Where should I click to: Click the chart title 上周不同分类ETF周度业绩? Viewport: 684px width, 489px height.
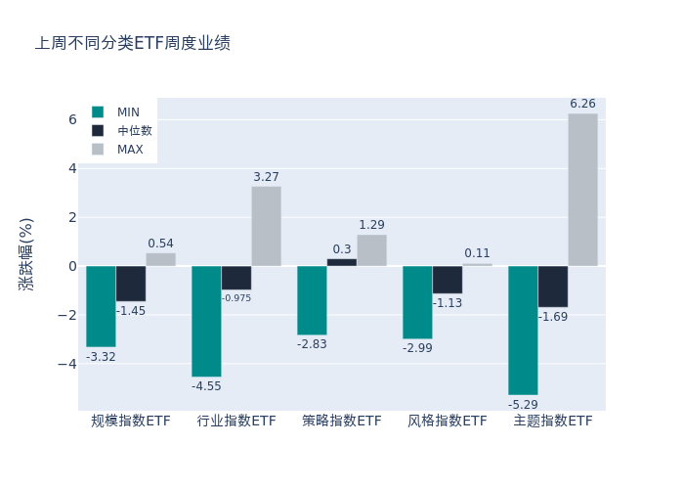tap(133, 44)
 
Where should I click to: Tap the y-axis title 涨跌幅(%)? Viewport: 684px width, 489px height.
tap(26, 254)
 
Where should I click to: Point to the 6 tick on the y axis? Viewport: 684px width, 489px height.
tap(71, 119)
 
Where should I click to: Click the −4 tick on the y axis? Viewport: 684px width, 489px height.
tap(66, 364)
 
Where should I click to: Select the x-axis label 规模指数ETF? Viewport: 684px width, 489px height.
tap(131, 422)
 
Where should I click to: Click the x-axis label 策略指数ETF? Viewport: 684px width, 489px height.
tap(342, 422)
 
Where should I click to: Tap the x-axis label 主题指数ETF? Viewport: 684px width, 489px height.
tap(553, 422)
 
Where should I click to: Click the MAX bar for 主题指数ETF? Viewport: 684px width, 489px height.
tap(582, 190)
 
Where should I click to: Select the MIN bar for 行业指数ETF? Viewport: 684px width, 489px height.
tap(206, 321)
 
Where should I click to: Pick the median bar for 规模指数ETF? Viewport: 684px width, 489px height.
tap(131, 284)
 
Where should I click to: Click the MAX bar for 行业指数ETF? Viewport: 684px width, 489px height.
tap(266, 226)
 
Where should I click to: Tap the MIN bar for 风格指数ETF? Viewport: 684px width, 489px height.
tap(417, 302)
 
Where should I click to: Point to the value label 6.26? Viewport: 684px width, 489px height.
tap(582, 104)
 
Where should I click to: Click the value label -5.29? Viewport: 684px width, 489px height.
tap(523, 404)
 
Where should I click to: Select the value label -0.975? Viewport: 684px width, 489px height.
tap(236, 298)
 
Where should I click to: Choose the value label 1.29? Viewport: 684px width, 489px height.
tap(371, 225)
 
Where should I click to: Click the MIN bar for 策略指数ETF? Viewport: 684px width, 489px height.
tap(312, 300)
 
